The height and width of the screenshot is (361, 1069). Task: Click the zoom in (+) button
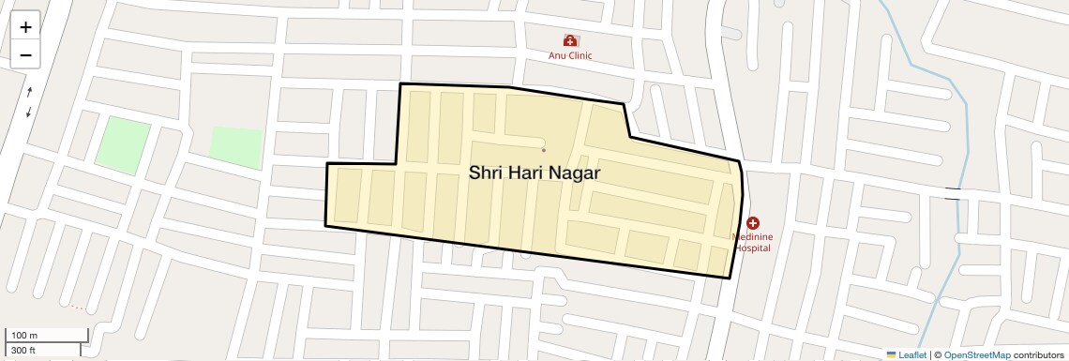click(25, 27)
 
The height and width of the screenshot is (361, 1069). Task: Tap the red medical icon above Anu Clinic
click(570, 40)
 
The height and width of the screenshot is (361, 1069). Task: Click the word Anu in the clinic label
click(558, 55)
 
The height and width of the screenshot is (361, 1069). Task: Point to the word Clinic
click(580, 55)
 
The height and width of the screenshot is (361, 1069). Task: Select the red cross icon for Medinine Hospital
click(753, 222)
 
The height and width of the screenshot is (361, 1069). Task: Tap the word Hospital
click(753, 248)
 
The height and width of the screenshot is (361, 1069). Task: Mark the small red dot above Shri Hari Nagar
click(544, 150)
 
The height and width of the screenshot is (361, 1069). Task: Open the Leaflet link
click(906, 354)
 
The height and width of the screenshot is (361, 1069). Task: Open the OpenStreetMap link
click(976, 354)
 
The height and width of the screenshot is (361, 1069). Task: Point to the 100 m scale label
click(24, 335)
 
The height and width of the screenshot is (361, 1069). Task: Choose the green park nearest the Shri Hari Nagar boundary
click(236, 147)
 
